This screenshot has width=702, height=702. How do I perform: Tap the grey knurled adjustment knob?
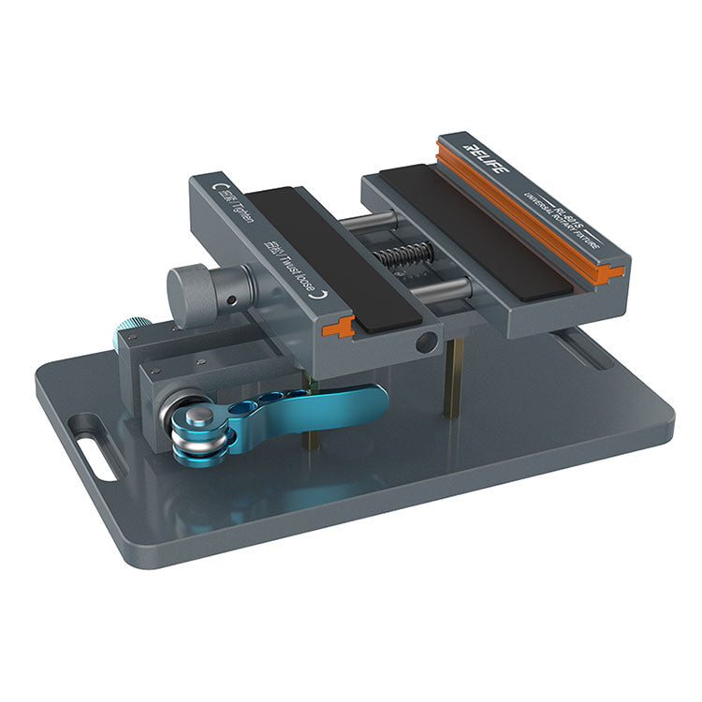[x=195, y=292]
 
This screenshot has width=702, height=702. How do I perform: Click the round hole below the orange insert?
[x=426, y=344]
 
